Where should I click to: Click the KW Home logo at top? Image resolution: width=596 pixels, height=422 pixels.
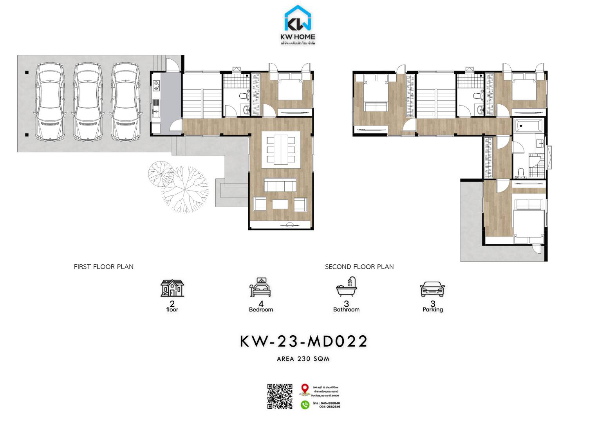[298, 24]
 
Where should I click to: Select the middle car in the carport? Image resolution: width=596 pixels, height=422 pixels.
[87, 102]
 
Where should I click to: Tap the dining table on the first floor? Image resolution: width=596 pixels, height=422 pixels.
[280, 149]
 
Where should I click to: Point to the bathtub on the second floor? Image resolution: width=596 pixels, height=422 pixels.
[528, 126]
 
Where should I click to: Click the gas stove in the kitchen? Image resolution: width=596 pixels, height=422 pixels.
[157, 84]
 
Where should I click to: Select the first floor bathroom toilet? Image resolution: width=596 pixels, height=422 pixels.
[244, 95]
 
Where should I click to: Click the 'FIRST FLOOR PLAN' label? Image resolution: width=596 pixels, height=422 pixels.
[104, 267]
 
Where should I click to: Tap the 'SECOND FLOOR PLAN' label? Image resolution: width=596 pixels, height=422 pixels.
[359, 267]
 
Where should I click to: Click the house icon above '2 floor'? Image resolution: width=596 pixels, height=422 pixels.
[172, 288]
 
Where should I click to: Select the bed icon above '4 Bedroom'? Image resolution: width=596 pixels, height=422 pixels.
[261, 287]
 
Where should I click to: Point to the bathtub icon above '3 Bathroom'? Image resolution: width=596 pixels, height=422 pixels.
[347, 287]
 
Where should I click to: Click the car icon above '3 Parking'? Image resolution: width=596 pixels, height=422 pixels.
[432, 289]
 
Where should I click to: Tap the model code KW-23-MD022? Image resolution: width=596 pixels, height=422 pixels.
[303, 341]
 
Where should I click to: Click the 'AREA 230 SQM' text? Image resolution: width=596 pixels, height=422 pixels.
[303, 358]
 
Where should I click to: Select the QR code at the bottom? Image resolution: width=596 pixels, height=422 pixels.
[280, 397]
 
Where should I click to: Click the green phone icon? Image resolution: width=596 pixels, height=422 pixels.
[305, 404]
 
